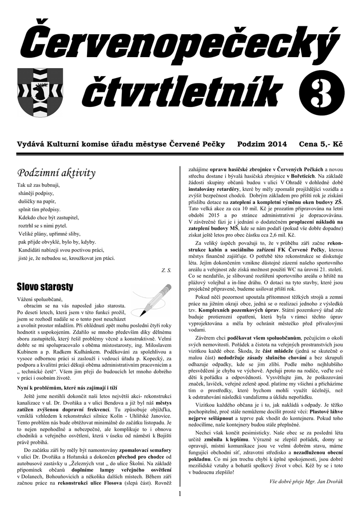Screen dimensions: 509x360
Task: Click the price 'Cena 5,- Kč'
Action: pyautogui.click(x=321, y=144)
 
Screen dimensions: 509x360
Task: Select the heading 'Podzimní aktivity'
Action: pyautogui.click(x=56, y=173)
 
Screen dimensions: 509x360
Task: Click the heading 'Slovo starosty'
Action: pyautogui.click(x=45, y=287)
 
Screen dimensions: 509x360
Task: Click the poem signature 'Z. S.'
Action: pyautogui.click(x=166, y=270)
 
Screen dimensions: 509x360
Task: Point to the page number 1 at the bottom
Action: pyautogui.click(x=180, y=494)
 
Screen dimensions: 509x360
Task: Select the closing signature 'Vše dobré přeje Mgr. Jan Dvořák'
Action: pyautogui.click(x=304, y=481)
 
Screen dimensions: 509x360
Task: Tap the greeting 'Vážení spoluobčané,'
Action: pyautogui.click(x=40, y=299)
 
